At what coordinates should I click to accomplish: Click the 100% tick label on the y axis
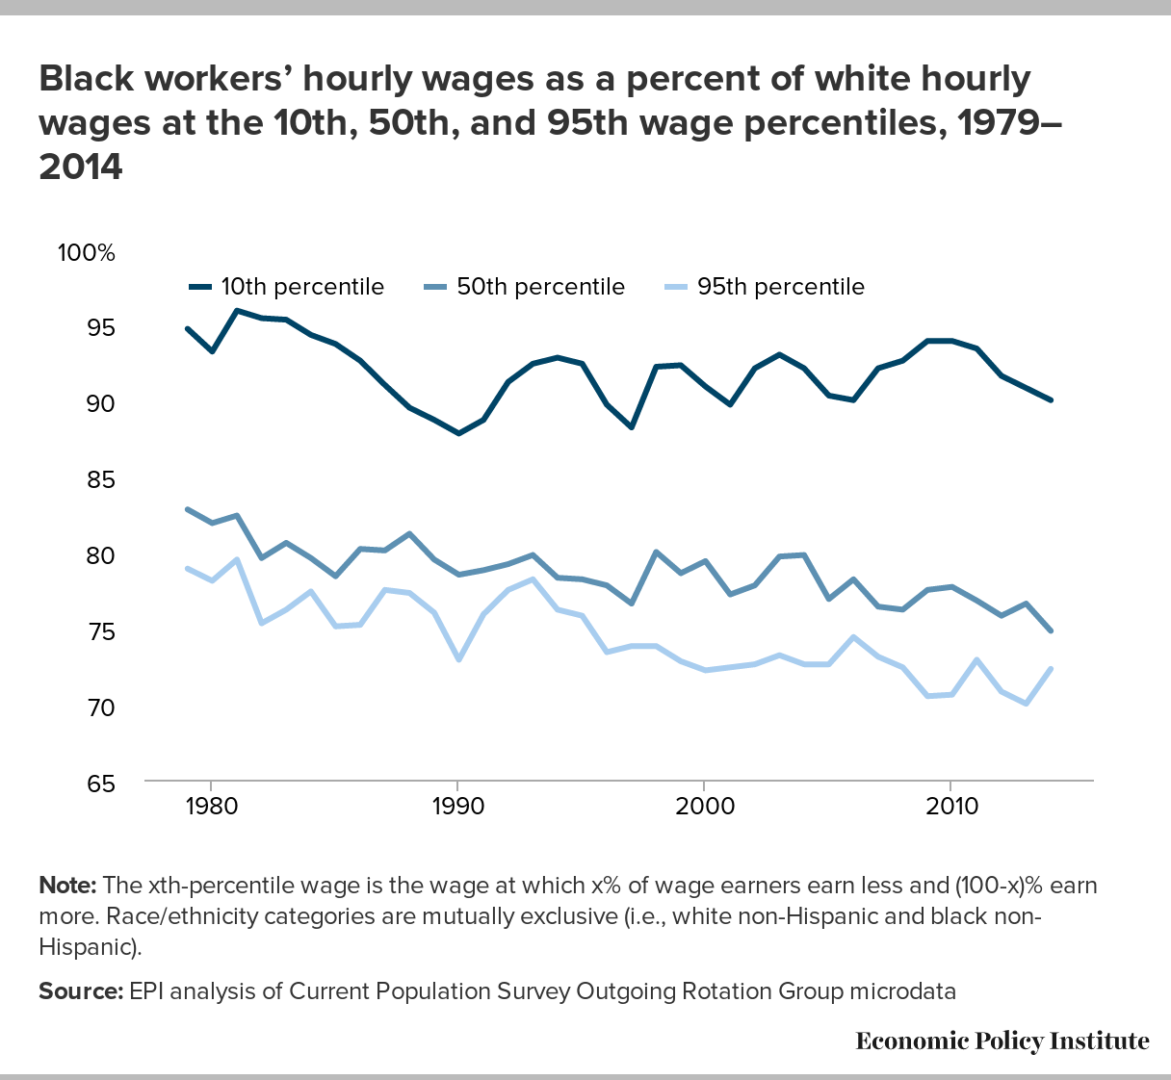[x=86, y=253]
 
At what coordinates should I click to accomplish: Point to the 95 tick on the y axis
[x=101, y=328]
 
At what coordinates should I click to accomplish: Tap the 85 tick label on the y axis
[x=101, y=480]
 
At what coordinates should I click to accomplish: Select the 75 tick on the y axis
[x=101, y=632]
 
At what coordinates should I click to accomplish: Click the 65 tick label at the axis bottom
[x=101, y=784]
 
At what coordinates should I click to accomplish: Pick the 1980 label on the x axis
[x=212, y=807]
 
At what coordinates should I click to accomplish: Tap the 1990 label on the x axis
[x=458, y=807]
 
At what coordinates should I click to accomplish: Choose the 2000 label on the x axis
[x=705, y=807]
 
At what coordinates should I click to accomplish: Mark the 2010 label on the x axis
[x=951, y=807]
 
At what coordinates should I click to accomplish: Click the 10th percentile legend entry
[x=287, y=287]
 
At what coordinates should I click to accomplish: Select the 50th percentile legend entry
[x=524, y=287]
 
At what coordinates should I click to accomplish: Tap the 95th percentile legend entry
[x=765, y=287]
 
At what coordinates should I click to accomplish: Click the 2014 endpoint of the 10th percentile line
[x=1050, y=399]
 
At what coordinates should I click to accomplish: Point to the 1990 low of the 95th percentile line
[x=458, y=659]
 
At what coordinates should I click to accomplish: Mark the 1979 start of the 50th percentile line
[x=187, y=509]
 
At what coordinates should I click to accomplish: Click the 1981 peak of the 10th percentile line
[x=237, y=310]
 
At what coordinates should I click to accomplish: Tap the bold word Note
[x=67, y=886]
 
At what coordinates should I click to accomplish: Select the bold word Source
[x=81, y=991]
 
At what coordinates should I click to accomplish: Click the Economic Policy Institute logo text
[x=1002, y=1041]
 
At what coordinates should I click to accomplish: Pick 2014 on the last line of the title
[x=81, y=167]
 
